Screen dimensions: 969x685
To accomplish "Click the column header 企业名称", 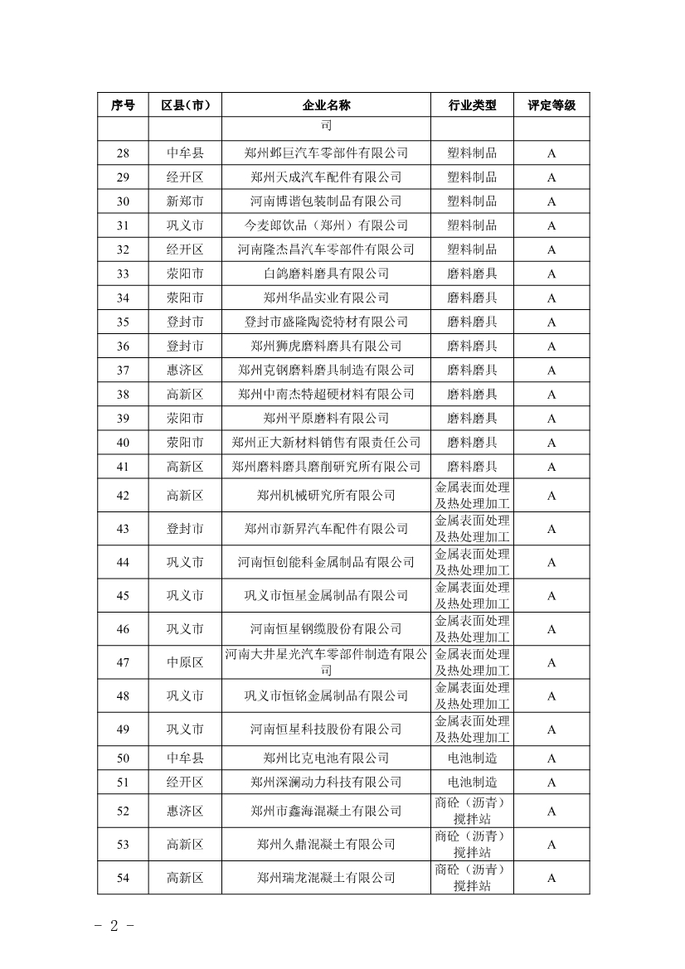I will pyautogui.click(x=326, y=105).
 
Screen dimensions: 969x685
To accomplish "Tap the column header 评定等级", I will pyautogui.click(x=551, y=105).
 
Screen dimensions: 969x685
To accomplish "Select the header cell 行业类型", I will pyautogui.click(x=472, y=105).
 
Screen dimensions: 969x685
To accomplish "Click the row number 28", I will pyautogui.click(x=123, y=153).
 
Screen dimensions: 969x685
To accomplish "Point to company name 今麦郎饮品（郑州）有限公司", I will pyautogui.click(x=326, y=225).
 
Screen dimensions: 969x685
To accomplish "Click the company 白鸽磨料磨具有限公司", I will pyautogui.click(x=326, y=274).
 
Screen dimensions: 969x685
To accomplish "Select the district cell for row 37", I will pyautogui.click(x=185, y=370).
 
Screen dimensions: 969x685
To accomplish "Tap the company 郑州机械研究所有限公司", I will pyautogui.click(x=326, y=496).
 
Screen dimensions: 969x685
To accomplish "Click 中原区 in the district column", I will pyautogui.click(x=185, y=662).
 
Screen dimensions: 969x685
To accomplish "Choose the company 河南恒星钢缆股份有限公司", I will pyautogui.click(x=326, y=629).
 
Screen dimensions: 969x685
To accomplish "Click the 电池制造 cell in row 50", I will pyautogui.click(x=472, y=758).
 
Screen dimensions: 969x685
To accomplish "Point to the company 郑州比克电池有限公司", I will pyautogui.click(x=326, y=758).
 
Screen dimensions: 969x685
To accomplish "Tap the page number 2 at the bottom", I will pyautogui.click(x=114, y=925).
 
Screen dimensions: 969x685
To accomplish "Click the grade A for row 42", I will pyautogui.click(x=551, y=496).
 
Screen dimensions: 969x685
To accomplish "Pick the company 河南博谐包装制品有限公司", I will pyautogui.click(x=326, y=201).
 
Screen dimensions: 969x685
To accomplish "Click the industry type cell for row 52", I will pyautogui.click(x=472, y=811).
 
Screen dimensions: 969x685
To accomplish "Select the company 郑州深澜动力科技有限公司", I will pyautogui.click(x=326, y=782).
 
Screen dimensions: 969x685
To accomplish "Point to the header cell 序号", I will pyautogui.click(x=123, y=105).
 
